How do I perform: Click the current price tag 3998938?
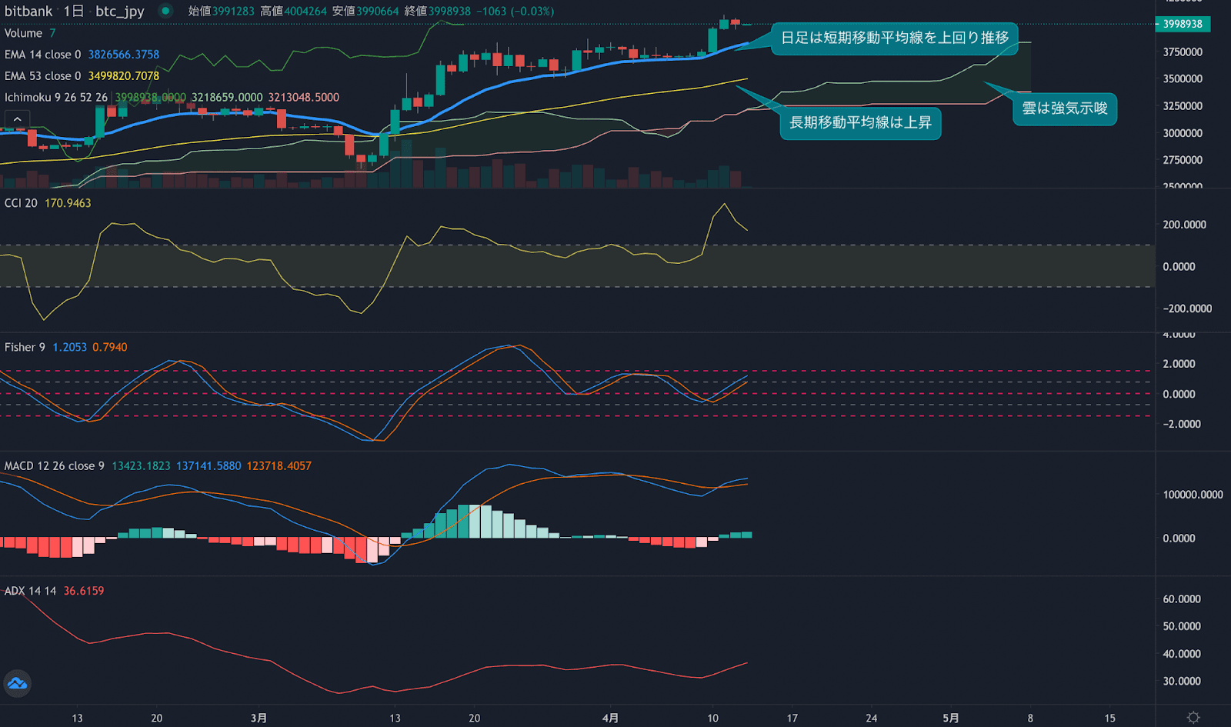pyautogui.click(x=1183, y=24)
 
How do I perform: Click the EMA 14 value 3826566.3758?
pyautogui.click(x=123, y=55)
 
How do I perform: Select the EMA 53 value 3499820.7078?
pyautogui.click(x=123, y=76)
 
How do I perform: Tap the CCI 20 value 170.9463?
pyautogui.click(x=68, y=203)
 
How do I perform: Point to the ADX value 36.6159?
pyautogui.click(x=83, y=591)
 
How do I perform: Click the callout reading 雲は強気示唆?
pyautogui.click(x=1064, y=108)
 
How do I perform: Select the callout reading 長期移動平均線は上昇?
pyautogui.click(x=860, y=123)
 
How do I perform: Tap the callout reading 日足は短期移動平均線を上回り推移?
pyautogui.click(x=895, y=38)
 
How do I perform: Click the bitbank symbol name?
pyautogui.click(x=28, y=11)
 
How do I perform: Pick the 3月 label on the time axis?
pyautogui.click(x=259, y=718)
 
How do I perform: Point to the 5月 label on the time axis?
pyautogui.click(x=951, y=718)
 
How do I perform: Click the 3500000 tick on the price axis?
pyautogui.click(x=1183, y=78)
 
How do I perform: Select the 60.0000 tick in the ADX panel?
pyautogui.click(x=1182, y=599)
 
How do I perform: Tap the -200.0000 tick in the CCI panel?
pyautogui.click(x=1187, y=308)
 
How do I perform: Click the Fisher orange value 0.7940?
pyautogui.click(x=110, y=347)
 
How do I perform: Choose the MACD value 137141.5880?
pyautogui.click(x=209, y=466)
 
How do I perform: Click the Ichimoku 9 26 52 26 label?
pyautogui.click(x=56, y=98)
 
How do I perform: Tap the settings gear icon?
pyautogui.click(x=1193, y=717)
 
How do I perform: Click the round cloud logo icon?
pyautogui.click(x=17, y=683)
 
